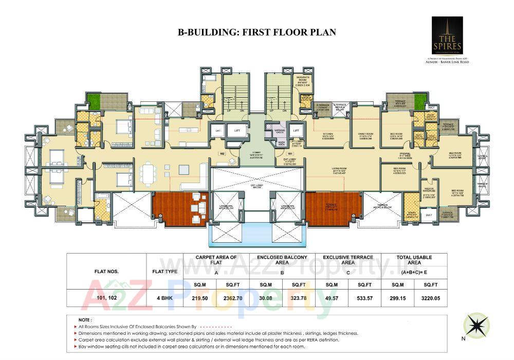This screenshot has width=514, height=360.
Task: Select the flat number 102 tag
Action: pyautogui.click(x=223, y=153)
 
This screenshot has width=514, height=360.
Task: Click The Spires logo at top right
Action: pyautogui.click(x=447, y=36)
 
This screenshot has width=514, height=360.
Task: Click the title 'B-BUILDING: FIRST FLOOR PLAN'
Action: pyautogui.click(x=256, y=32)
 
